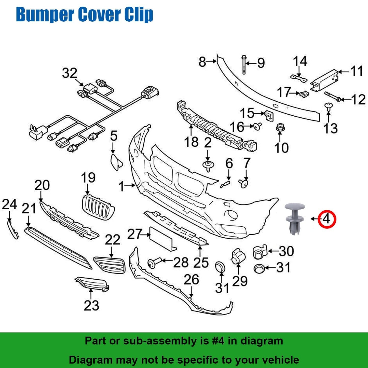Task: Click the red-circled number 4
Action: [327, 219]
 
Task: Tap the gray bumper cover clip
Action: [295, 218]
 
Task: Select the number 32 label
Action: [70, 73]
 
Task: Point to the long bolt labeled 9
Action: [244, 65]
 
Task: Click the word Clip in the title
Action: [139, 15]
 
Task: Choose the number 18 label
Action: [192, 142]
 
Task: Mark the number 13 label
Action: [331, 128]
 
